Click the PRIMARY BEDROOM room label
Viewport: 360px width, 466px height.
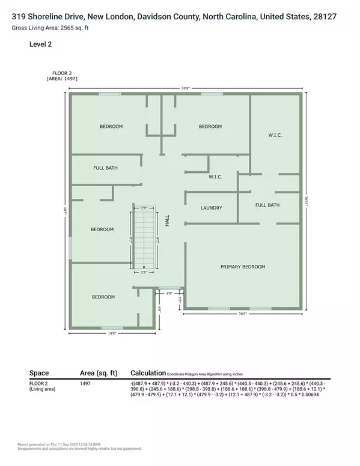pyautogui.click(x=242, y=267)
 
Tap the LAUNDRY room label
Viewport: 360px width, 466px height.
pyautogui.click(x=211, y=208)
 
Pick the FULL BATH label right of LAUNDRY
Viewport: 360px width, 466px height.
pyautogui.click(x=267, y=205)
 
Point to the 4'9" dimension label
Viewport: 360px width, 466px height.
pyautogui.click(x=169, y=294)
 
